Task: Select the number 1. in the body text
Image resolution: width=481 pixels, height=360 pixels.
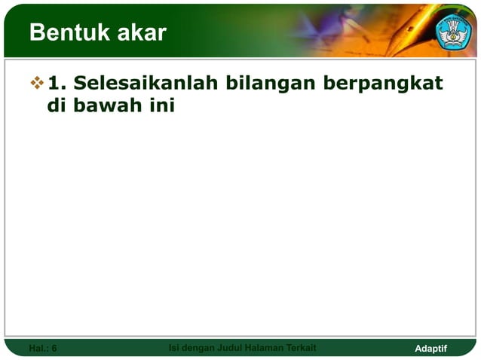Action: click(x=57, y=81)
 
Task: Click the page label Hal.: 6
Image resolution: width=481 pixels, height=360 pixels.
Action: click(x=42, y=348)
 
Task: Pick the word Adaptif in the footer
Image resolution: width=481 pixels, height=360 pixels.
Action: click(x=431, y=348)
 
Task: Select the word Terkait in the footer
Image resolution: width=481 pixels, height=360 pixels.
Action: click(x=302, y=347)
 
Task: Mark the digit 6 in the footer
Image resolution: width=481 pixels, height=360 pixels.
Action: click(x=54, y=348)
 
